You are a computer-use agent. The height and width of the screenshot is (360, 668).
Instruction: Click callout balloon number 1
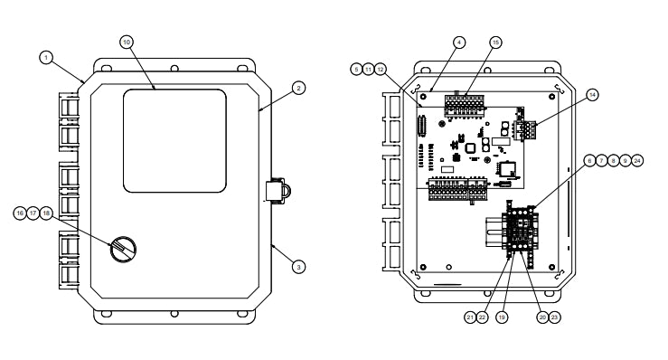pos(44,57)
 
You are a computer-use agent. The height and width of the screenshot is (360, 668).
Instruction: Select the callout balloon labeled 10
pos(126,43)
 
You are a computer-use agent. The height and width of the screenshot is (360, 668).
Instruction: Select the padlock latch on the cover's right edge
pos(277,191)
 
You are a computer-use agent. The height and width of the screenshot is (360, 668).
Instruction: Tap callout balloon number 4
pos(459,43)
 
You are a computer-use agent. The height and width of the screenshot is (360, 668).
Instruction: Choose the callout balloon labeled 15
pos(495,43)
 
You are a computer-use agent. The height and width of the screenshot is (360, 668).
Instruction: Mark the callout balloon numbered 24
pos(638,160)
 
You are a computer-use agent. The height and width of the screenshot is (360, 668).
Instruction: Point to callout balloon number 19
pos(503,317)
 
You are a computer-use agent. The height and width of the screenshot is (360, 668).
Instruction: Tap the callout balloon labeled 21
pos(470,317)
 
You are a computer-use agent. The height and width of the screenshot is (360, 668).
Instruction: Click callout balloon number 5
pos(357,69)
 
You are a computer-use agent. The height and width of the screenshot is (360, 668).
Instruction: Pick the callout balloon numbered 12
pos(381,69)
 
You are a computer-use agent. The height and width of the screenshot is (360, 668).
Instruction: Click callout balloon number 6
pos(589,160)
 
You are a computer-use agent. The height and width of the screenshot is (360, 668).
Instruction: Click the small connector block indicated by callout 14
pos(527,128)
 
